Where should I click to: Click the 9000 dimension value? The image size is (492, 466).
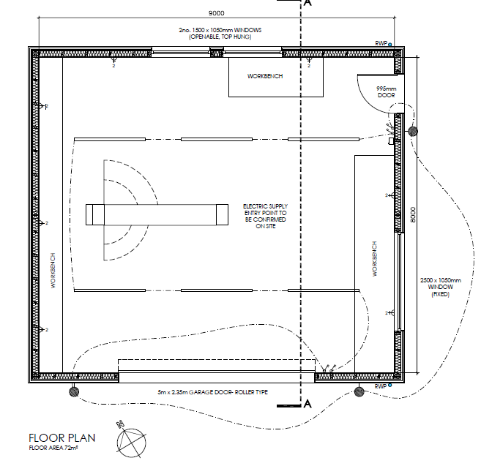[216, 13]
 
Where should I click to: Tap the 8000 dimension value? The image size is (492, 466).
[413, 215]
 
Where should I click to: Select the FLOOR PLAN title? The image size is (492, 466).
[61, 437]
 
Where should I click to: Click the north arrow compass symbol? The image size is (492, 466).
[131, 442]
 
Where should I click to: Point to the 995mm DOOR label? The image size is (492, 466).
[386, 92]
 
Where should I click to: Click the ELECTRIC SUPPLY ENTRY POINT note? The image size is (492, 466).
[265, 216]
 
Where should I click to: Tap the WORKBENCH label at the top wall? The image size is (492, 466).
[265, 76]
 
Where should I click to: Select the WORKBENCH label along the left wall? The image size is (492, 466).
[53, 271]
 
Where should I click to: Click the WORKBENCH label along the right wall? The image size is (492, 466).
[374, 259]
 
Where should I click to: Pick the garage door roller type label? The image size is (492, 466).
[213, 392]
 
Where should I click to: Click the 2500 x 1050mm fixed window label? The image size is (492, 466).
[441, 287]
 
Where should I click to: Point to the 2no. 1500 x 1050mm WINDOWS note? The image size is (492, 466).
[220, 33]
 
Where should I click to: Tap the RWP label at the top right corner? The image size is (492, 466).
[381, 43]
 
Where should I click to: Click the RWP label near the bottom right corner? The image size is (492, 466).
[380, 386]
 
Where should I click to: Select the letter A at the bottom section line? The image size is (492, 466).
[307, 404]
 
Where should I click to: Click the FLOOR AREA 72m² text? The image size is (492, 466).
[53, 448]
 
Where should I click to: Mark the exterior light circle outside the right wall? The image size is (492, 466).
[413, 131]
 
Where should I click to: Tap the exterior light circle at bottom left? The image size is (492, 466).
[74, 391]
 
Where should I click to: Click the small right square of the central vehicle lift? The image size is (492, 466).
[222, 214]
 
